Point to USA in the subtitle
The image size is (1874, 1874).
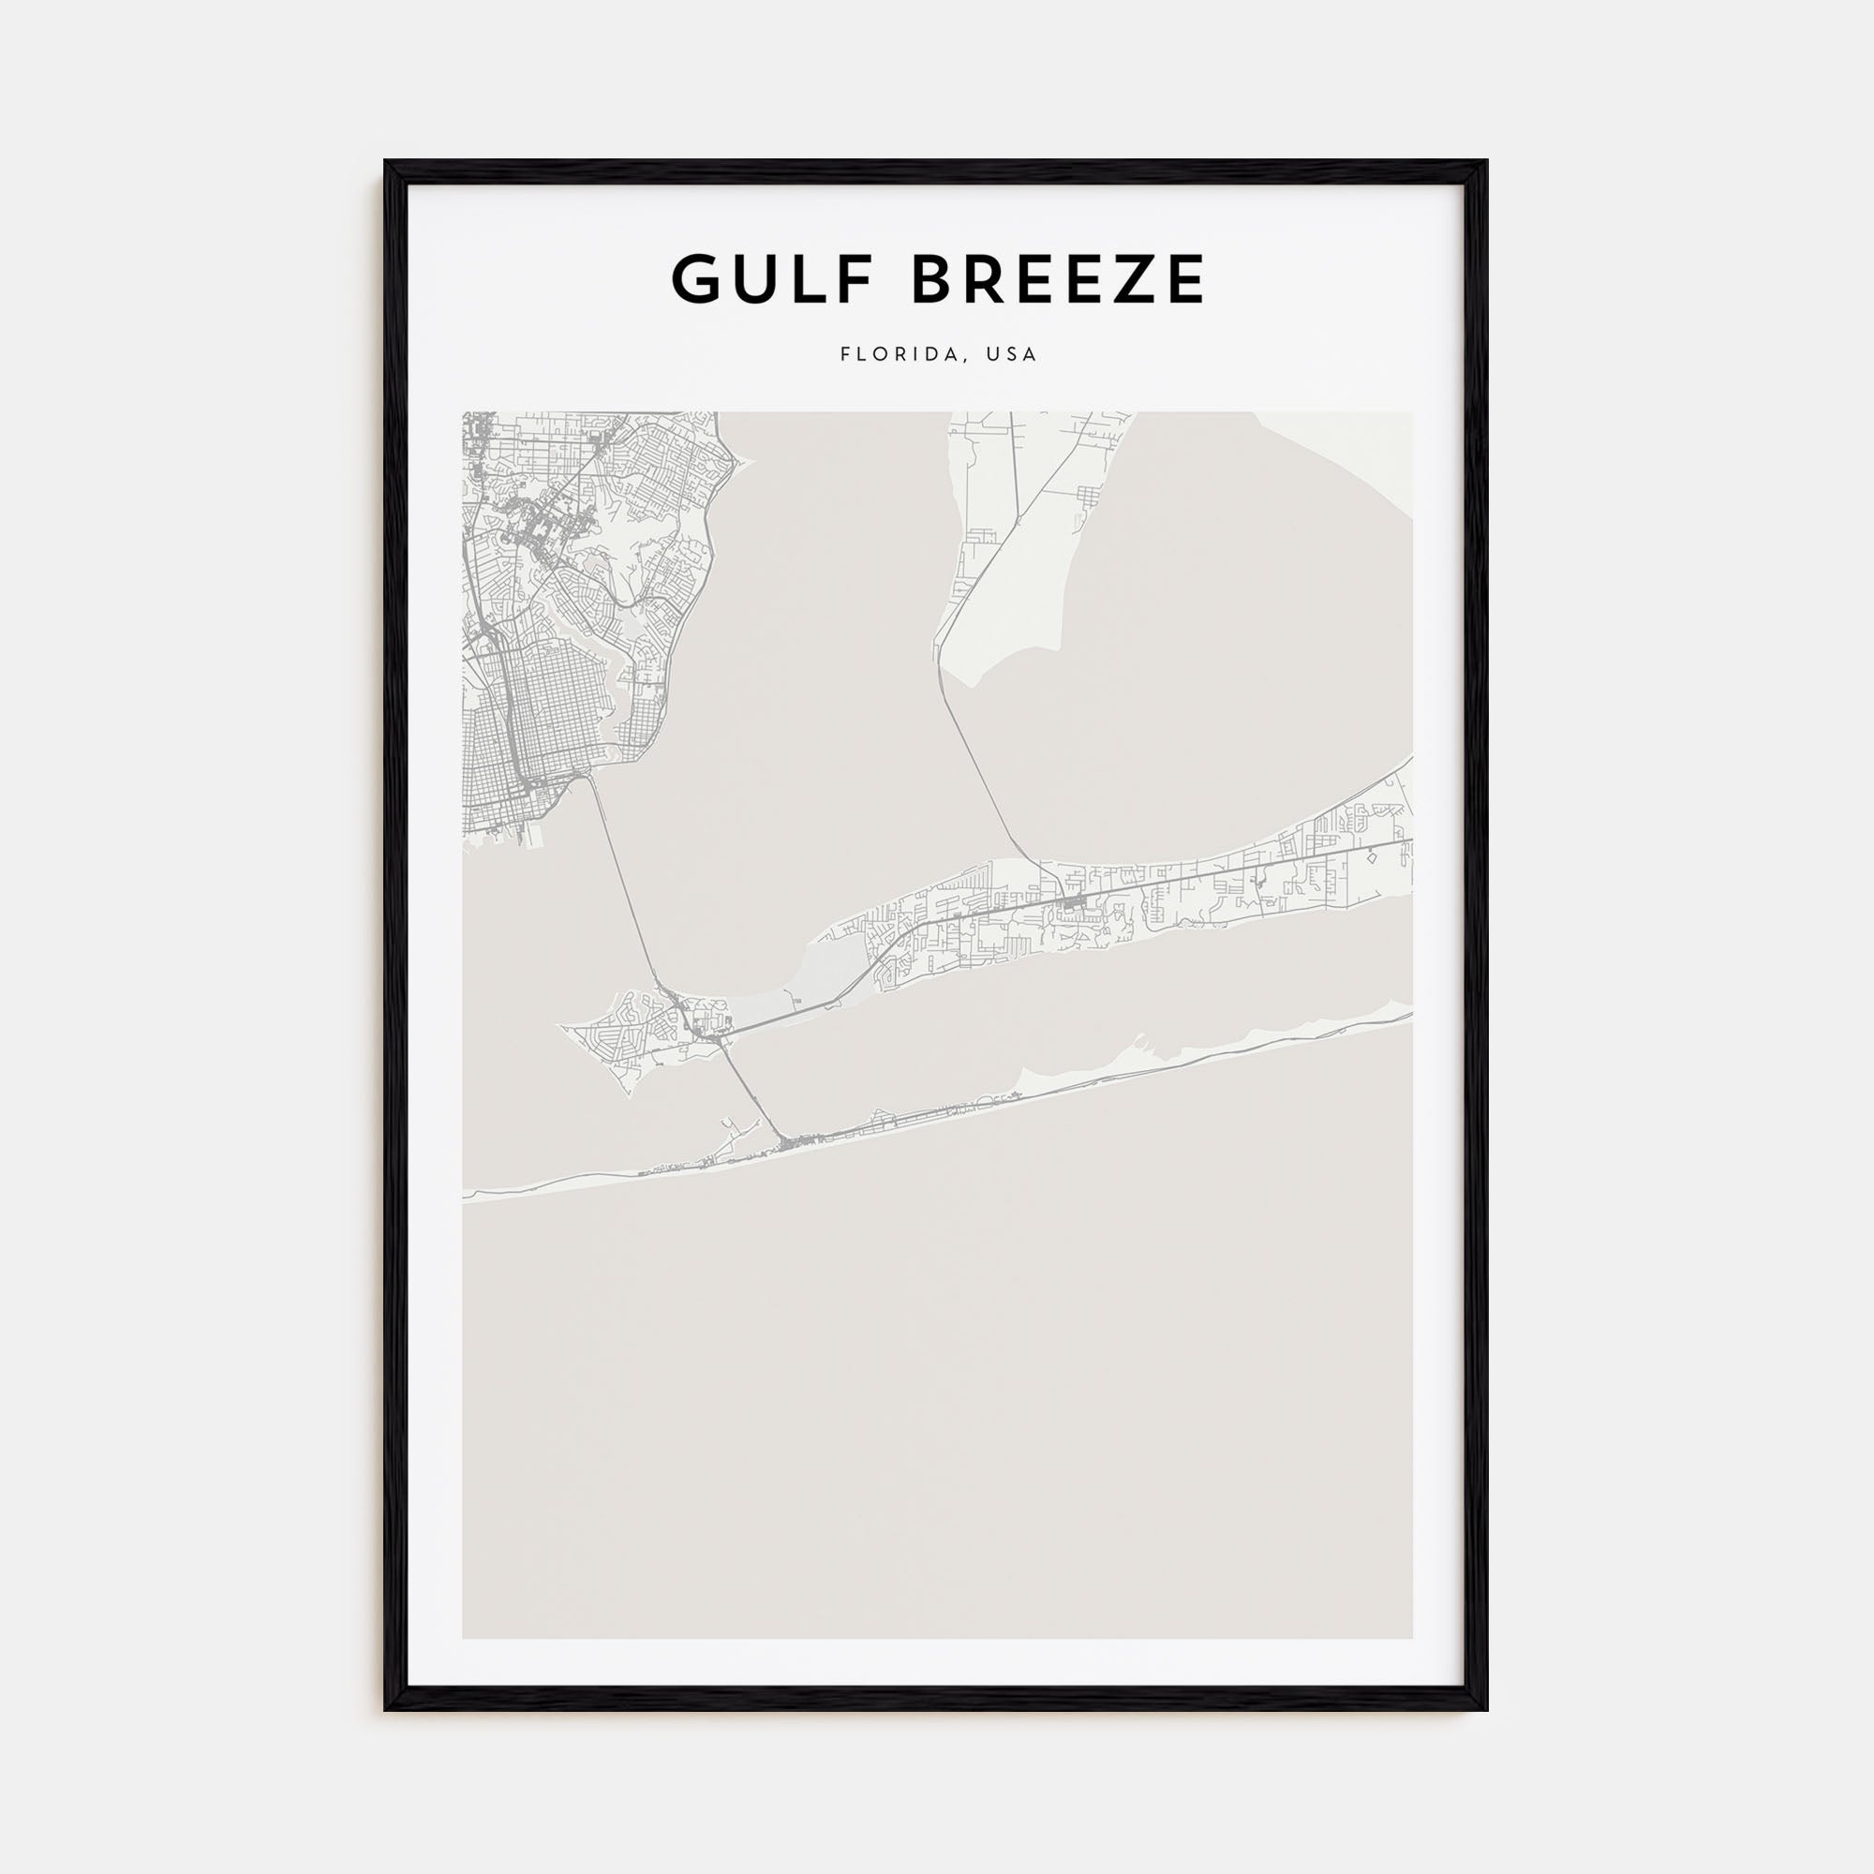tap(1011, 355)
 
